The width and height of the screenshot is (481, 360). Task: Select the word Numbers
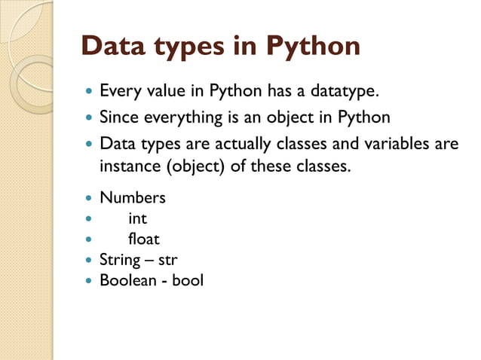coord(133,199)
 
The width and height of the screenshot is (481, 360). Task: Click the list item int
coord(137,219)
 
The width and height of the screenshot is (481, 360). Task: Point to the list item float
coord(144,239)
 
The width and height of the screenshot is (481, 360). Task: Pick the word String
coord(120,261)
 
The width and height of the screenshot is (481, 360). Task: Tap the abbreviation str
coord(167,261)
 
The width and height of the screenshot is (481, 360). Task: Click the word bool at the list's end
coord(187,281)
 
